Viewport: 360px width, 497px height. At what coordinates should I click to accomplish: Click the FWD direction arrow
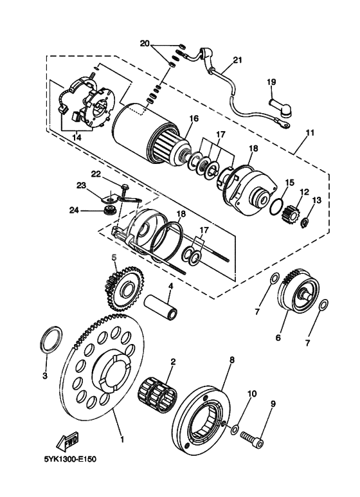pyautogui.click(x=67, y=442)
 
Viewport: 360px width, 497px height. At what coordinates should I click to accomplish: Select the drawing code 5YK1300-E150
pyautogui.click(x=70, y=459)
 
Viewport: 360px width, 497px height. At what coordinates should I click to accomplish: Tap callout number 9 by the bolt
pyautogui.click(x=273, y=404)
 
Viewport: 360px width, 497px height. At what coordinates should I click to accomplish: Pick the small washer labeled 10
pyautogui.click(x=235, y=429)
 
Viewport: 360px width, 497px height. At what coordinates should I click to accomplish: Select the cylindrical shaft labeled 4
pyautogui.click(x=161, y=307)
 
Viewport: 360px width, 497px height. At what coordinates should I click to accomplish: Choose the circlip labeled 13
pyautogui.click(x=305, y=223)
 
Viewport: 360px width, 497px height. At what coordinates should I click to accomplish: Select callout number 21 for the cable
pyautogui.click(x=237, y=60)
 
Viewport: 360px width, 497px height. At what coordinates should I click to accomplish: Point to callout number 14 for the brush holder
pyautogui.click(x=77, y=138)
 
